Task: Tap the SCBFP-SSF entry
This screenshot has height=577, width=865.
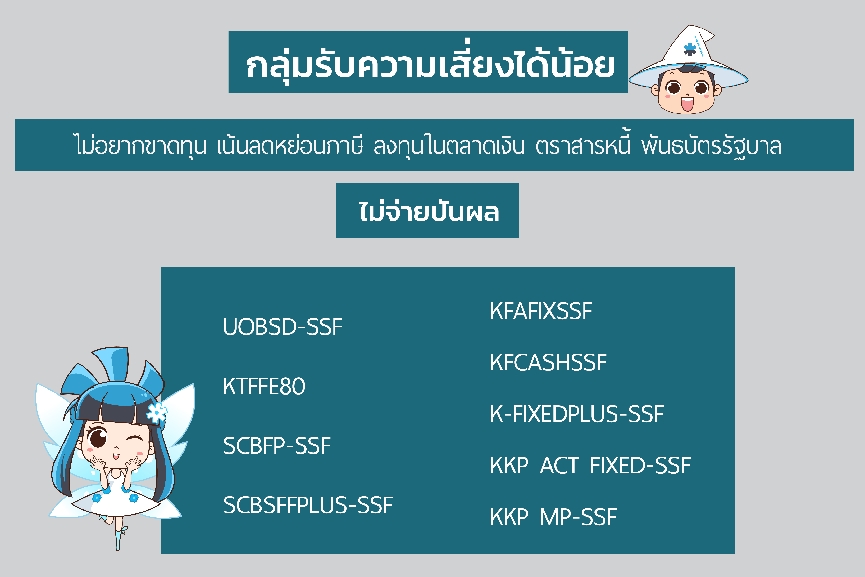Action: click(277, 446)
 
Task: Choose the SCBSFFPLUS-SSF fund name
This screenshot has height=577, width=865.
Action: click(308, 505)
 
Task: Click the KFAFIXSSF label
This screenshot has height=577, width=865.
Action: click(541, 311)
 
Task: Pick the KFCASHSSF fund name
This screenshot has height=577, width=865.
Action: click(548, 363)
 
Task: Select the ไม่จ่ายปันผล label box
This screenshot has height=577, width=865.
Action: click(427, 211)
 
